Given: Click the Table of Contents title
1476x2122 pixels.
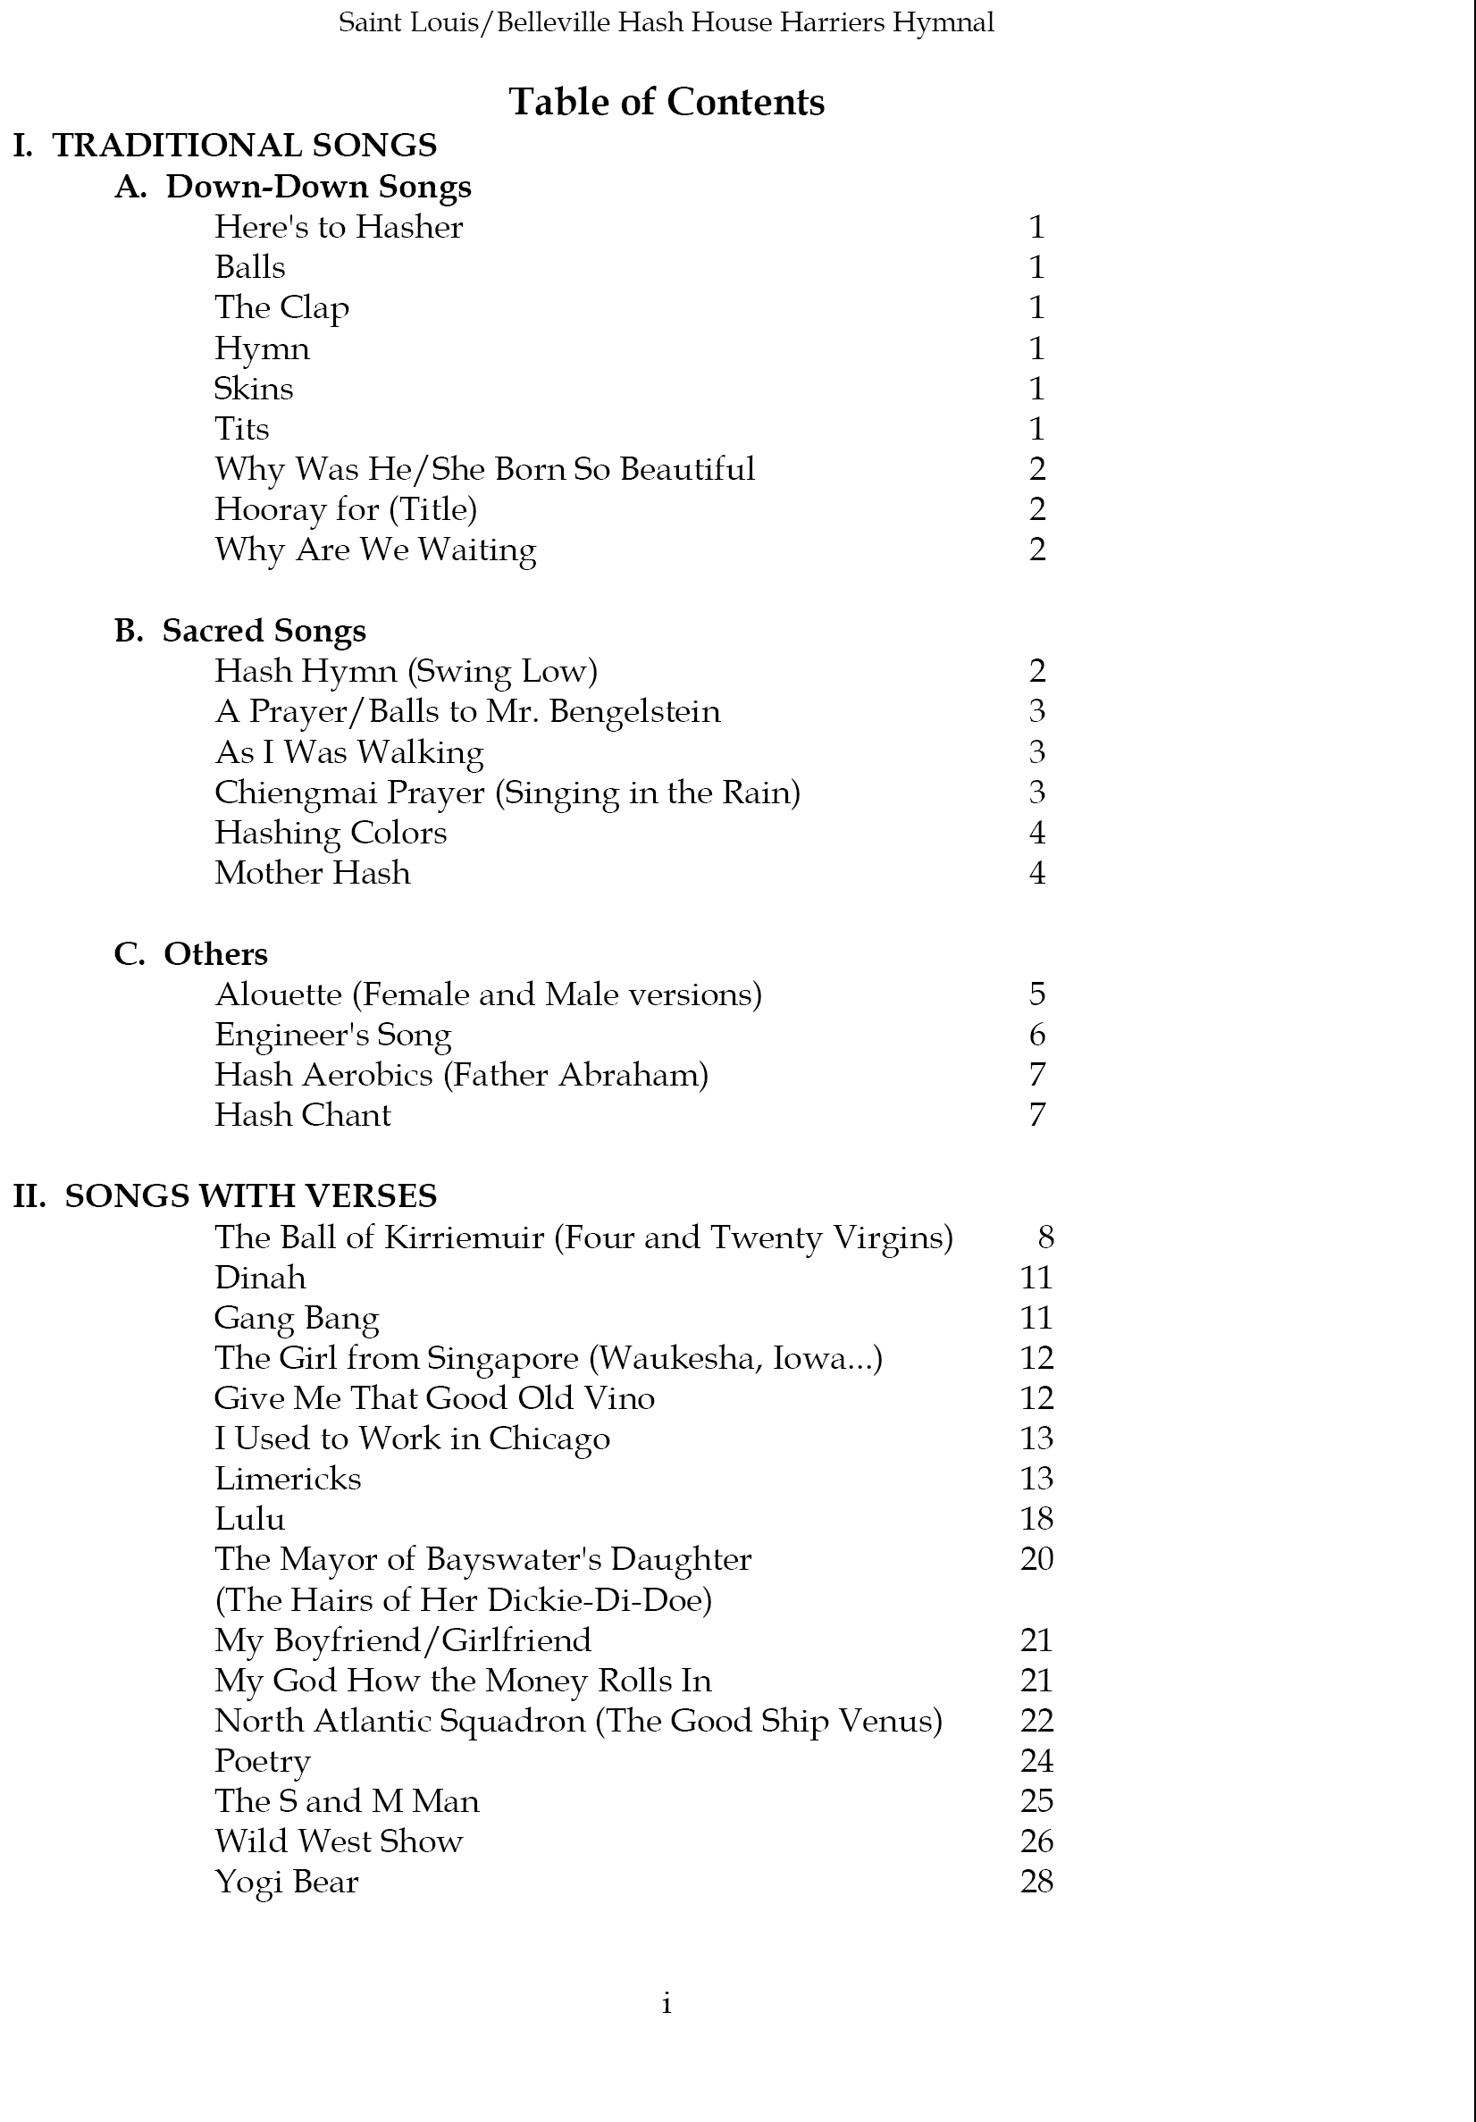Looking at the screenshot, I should (x=667, y=102).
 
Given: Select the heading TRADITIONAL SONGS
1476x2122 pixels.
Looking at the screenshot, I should (x=244, y=145).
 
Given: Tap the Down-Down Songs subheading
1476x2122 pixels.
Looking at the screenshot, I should (x=318, y=187).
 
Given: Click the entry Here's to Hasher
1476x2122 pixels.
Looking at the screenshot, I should (x=339, y=227).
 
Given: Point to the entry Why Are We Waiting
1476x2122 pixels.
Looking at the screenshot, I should (x=375, y=549).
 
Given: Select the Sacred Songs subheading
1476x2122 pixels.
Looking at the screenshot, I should (x=264, y=630).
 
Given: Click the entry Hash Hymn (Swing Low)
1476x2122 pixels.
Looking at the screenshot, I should (x=406, y=671).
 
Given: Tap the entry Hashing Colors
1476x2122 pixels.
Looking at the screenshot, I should (x=330, y=833).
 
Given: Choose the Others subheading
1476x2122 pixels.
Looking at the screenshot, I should (x=215, y=954).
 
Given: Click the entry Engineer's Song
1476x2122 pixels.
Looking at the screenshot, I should (x=332, y=1036).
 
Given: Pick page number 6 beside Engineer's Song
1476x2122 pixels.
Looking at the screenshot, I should (x=1037, y=1035).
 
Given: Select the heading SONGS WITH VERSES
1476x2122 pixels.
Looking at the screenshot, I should (x=250, y=1196).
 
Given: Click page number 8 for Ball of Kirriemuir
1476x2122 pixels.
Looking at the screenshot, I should (x=1045, y=1237).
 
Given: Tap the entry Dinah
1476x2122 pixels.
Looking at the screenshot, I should (x=260, y=1278).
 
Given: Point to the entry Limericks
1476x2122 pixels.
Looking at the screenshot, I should (x=288, y=1479).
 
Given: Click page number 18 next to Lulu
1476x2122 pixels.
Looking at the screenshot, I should (x=1036, y=1519).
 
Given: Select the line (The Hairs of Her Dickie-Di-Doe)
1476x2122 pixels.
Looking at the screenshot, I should (x=463, y=1600).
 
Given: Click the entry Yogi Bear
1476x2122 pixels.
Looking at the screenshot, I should (x=286, y=1882).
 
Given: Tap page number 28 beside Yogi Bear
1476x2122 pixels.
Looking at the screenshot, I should (x=1036, y=1882).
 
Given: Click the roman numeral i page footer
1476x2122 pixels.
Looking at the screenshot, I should (x=667, y=2004).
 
